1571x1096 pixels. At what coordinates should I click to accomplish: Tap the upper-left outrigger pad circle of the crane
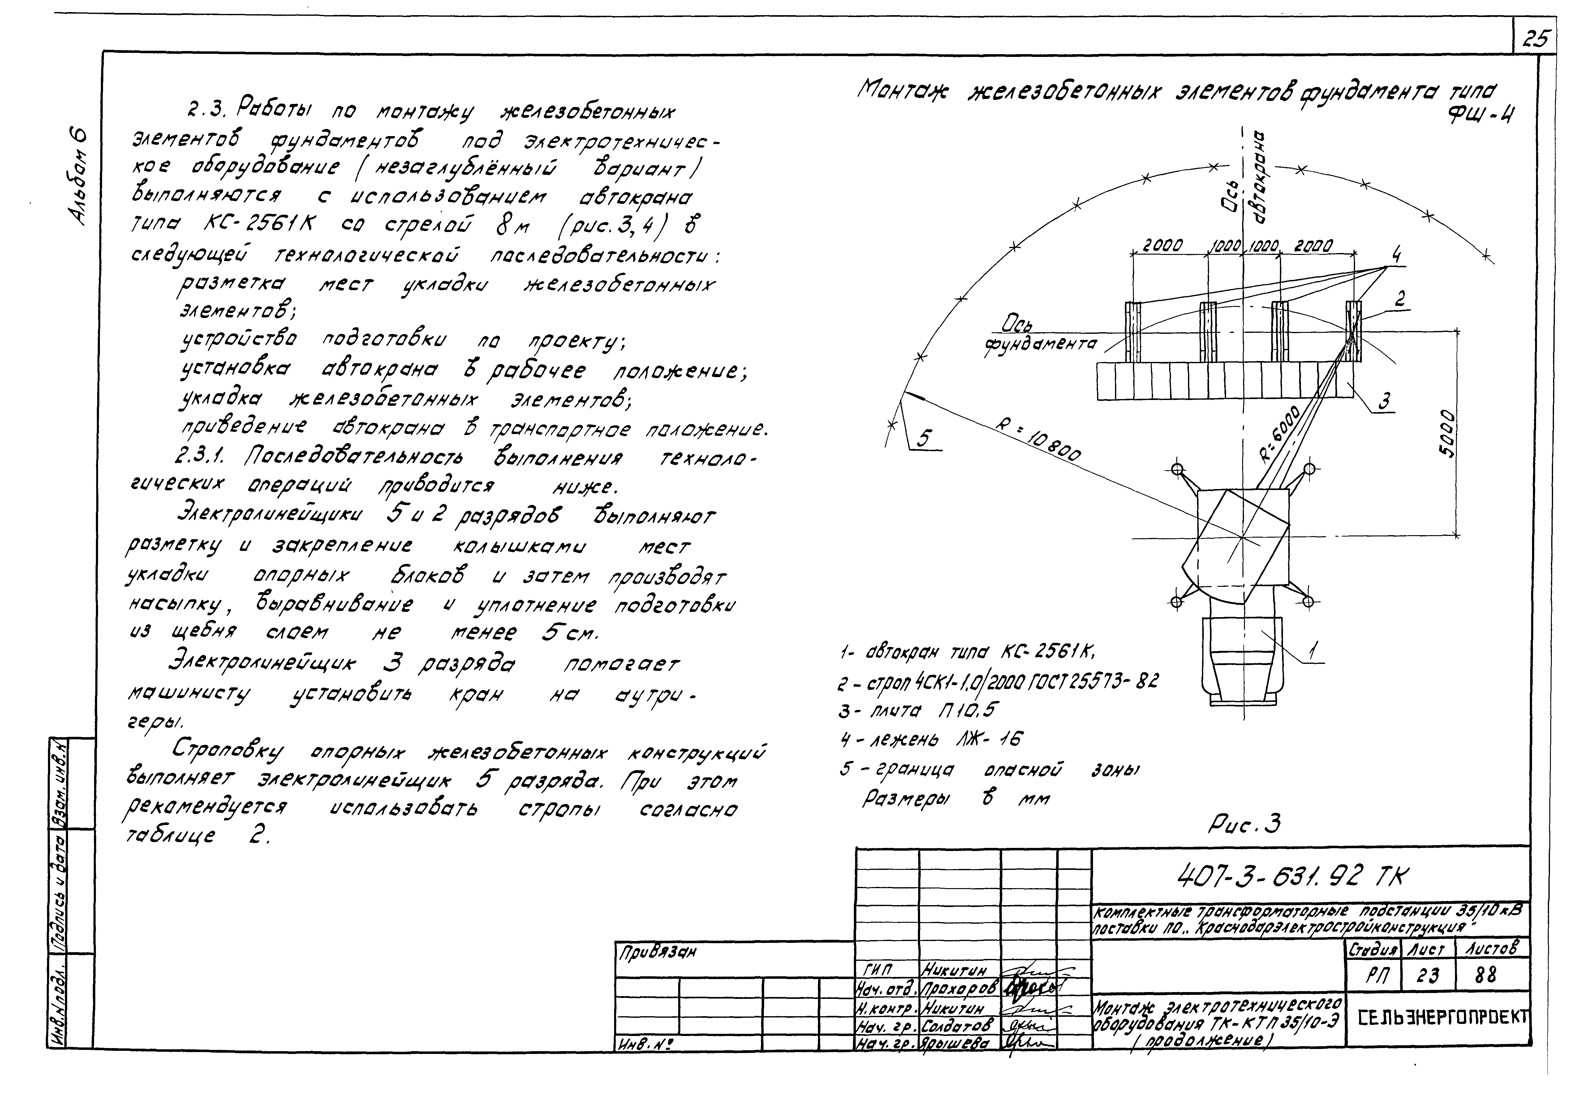pos(1177,469)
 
